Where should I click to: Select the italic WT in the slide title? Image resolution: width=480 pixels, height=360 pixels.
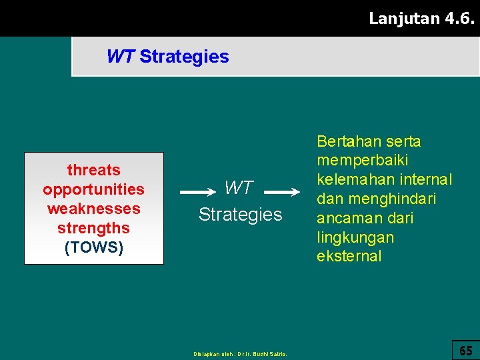pyautogui.click(x=120, y=57)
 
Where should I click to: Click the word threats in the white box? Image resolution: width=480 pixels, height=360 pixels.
pyautogui.click(x=93, y=170)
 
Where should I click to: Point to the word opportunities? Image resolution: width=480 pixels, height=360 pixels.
pyautogui.click(x=93, y=189)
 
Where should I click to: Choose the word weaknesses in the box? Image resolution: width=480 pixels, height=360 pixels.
pyautogui.click(x=93, y=209)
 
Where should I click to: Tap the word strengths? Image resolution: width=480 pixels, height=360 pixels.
pyautogui.click(x=93, y=228)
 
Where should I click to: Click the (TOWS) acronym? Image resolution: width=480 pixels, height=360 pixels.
pyautogui.click(x=93, y=247)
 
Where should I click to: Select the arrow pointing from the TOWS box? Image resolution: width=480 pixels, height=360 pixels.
pyautogui.click(x=198, y=192)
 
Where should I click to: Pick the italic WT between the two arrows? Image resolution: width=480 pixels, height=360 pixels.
pyautogui.click(x=239, y=188)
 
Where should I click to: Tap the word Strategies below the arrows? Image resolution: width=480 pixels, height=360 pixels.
pyautogui.click(x=240, y=215)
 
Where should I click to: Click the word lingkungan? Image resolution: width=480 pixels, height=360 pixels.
pyautogui.click(x=355, y=237)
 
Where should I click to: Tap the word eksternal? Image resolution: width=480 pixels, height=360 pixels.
pyautogui.click(x=349, y=257)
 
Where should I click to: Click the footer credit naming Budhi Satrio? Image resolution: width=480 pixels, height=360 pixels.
pyautogui.click(x=240, y=354)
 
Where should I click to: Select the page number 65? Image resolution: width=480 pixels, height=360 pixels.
pyautogui.click(x=466, y=350)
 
